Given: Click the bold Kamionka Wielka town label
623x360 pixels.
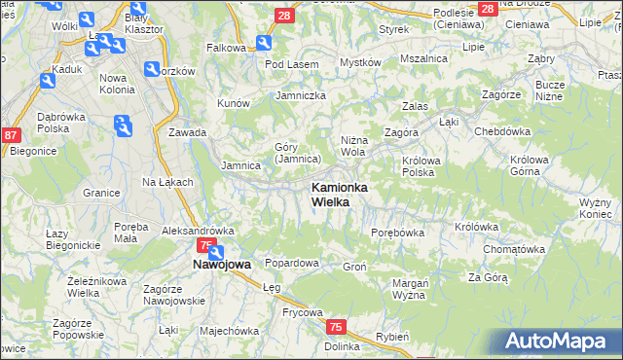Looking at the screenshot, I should (338, 194).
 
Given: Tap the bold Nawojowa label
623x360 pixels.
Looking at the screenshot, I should (222, 264).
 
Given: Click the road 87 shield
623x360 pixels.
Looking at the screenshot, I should (11, 136).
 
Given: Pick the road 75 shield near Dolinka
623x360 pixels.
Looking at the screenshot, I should (336, 328).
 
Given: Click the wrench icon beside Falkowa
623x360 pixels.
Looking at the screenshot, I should (264, 43).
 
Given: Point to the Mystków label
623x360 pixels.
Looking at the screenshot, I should (359, 62).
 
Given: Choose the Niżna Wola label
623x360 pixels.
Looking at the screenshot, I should (353, 146).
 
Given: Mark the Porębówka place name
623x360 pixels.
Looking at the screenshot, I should (397, 233).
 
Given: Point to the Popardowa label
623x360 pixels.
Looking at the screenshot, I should (292, 263).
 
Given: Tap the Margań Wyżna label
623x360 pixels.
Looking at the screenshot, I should (410, 288).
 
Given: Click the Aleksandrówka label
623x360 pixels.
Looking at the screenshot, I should (199, 231).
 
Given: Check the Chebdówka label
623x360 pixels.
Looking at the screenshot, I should (501, 130).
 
